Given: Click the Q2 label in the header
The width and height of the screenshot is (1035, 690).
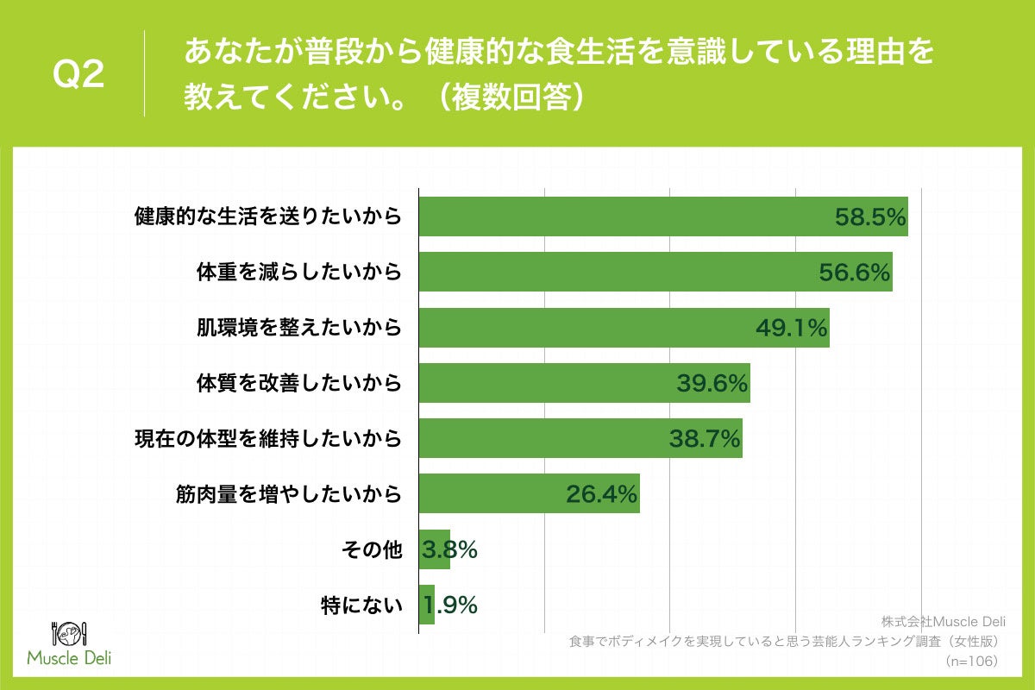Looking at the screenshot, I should [78, 76].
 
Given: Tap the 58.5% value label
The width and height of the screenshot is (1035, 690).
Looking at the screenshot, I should [870, 218].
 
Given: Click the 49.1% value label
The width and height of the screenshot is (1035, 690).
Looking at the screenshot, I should [793, 329].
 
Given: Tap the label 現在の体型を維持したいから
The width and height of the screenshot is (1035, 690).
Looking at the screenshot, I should [268, 438].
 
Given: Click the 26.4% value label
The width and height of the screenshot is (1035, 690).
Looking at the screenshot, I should [601, 494].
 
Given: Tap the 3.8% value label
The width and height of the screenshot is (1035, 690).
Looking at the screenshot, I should [449, 549].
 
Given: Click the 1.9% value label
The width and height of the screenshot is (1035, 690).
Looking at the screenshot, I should [449, 605].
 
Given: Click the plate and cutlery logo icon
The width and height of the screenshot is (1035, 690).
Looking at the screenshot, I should [69, 632].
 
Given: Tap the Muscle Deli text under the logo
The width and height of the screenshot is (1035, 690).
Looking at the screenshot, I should [69, 659].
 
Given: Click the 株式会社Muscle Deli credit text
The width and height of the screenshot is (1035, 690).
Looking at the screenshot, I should [944, 622].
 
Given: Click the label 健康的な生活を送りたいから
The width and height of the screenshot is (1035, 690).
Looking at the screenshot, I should [268, 216].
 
